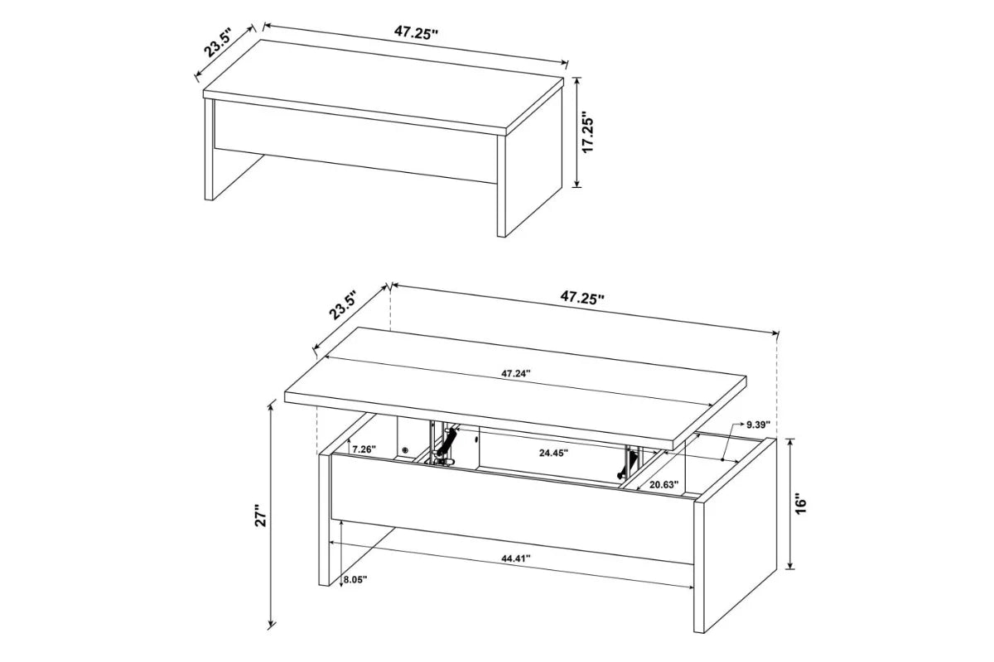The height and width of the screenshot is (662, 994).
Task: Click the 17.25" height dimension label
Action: [x=589, y=132]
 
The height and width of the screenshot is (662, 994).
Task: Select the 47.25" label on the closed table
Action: [x=415, y=33]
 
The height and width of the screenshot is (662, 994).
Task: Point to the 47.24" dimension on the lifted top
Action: [x=515, y=373]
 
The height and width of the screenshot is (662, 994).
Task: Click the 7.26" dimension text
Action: [x=363, y=449]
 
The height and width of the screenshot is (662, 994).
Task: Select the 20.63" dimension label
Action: [x=664, y=484]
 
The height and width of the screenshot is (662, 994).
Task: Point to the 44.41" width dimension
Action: [x=515, y=559]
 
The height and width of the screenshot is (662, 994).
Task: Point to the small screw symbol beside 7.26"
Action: [x=405, y=450]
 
